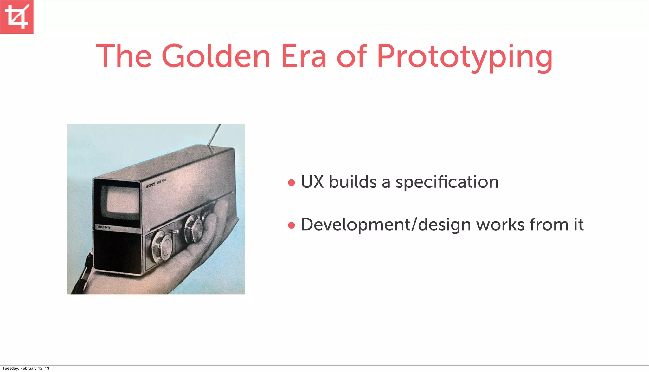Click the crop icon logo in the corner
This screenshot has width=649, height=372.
[16, 16]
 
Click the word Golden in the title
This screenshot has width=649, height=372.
[216, 56]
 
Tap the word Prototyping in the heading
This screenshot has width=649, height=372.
[465, 56]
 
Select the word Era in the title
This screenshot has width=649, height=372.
[304, 56]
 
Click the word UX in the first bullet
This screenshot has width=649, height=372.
[312, 182]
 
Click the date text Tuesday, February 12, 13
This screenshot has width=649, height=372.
[26, 368]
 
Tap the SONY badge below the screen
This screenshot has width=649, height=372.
[104, 227]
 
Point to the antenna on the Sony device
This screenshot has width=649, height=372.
[215, 135]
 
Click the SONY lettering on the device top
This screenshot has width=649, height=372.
[151, 185]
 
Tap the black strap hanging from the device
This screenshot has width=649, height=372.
[83, 276]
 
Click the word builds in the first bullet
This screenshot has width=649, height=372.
[353, 182]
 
